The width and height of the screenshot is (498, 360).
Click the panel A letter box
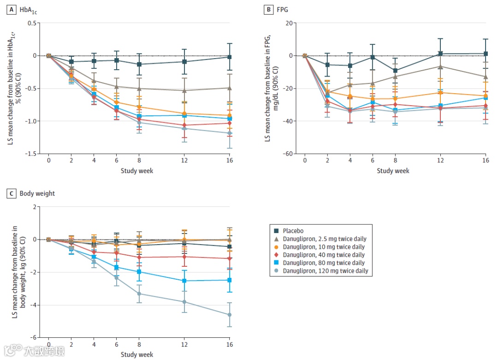click(10, 9)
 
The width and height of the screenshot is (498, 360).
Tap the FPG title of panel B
click(282, 9)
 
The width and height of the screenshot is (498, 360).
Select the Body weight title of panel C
click(37, 193)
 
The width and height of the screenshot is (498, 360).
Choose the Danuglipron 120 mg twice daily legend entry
click(325, 271)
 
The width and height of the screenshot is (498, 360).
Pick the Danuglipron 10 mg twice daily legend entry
click(323, 247)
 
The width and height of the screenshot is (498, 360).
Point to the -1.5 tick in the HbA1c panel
click(31, 154)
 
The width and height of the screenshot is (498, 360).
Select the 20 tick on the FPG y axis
click(289, 23)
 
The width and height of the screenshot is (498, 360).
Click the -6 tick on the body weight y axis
click(33, 338)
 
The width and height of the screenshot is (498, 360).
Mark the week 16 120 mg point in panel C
click(229, 315)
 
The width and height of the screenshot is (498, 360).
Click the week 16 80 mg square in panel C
click(229, 280)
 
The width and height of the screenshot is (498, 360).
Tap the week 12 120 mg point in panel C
click(184, 302)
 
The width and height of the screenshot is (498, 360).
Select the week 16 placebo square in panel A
click(229, 57)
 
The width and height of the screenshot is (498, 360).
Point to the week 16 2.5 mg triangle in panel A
click(229, 88)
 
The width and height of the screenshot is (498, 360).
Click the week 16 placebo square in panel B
click(486, 54)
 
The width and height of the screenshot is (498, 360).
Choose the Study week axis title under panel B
click(393, 171)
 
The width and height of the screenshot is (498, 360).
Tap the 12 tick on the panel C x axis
click(184, 345)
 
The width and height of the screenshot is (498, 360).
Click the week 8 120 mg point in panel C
click(139, 294)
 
